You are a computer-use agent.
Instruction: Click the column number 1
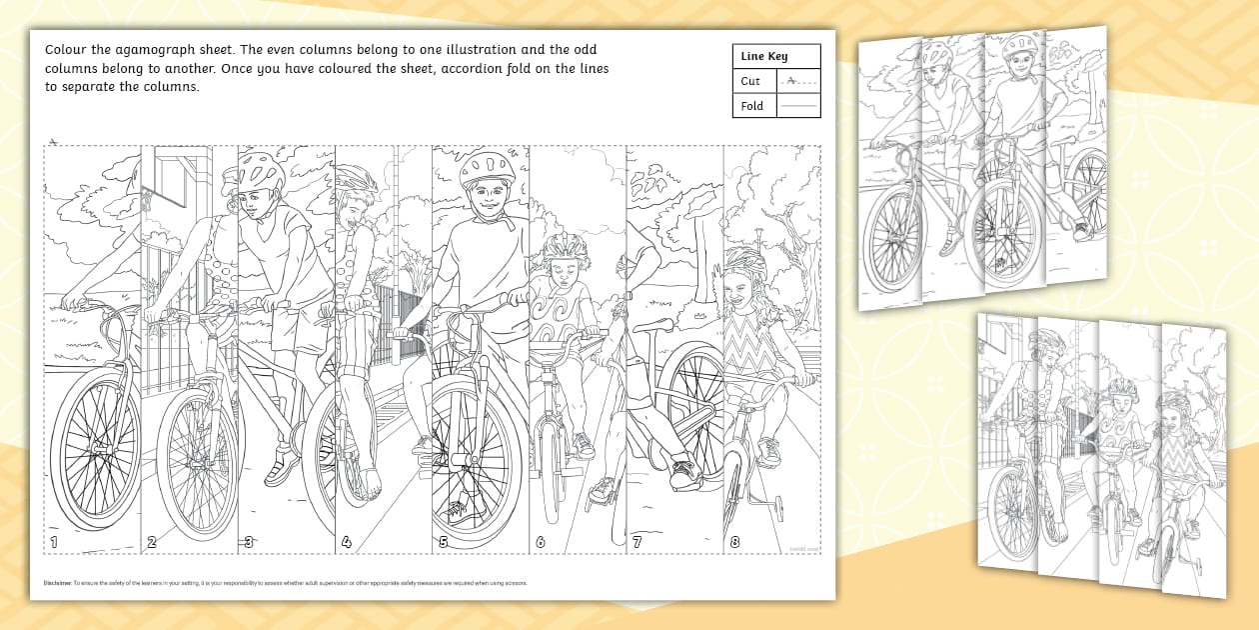[x=54, y=543]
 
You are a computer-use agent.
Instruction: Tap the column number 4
[x=346, y=543]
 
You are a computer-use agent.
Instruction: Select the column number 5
[x=443, y=543]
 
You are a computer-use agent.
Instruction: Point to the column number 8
[x=734, y=543]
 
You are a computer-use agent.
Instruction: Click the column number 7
[x=636, y=543]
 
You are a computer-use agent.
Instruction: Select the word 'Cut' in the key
[x=750, y=81]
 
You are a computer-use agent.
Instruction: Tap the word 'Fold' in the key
[x=752, y=106]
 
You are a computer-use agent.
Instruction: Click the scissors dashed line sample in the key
[x=797, y=81]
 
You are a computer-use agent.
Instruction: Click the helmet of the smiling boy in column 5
[x=487, y=167]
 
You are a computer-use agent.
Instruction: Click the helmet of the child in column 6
[x=566, y=246]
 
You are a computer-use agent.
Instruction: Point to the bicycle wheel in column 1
[x=95, y=456]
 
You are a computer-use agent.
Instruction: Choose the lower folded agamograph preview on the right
[x=1099, y=455]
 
